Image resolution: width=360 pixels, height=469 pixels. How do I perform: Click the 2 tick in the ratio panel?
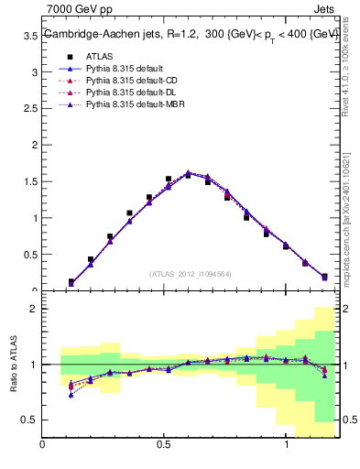click(x=33, y=309)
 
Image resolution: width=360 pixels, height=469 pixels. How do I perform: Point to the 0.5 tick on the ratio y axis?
click(x=29, y=420)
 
